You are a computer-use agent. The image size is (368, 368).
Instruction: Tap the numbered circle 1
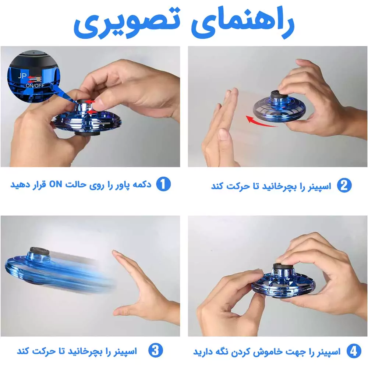click(163, 184)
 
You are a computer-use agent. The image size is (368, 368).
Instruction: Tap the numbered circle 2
click(344, 186)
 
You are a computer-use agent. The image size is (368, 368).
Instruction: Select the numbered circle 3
click(155, 351)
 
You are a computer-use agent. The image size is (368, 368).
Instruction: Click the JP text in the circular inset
click(22, 76)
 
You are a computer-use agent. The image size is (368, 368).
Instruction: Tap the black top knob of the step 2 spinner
click(280, 96)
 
